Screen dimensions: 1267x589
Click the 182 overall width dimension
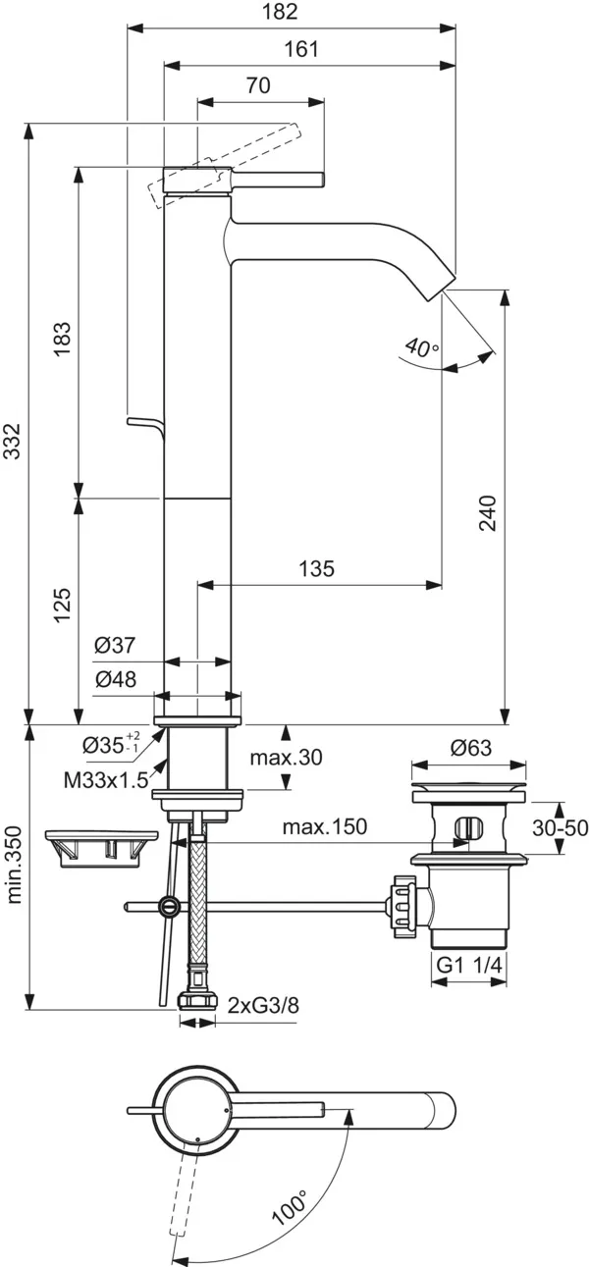281,13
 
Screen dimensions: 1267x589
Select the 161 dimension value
301,49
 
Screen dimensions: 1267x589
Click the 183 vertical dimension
61,339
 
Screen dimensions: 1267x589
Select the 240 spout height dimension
490,513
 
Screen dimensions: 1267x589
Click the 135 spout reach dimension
316,568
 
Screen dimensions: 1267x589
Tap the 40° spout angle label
420,347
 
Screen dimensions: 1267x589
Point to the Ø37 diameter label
115,646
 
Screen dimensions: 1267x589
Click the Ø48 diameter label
115,680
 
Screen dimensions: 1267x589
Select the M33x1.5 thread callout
106,781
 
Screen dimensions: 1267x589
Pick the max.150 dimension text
325,827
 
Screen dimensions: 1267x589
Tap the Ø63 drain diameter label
470,748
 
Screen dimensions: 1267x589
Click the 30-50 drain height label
561,828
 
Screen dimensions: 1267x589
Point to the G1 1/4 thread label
469,966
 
